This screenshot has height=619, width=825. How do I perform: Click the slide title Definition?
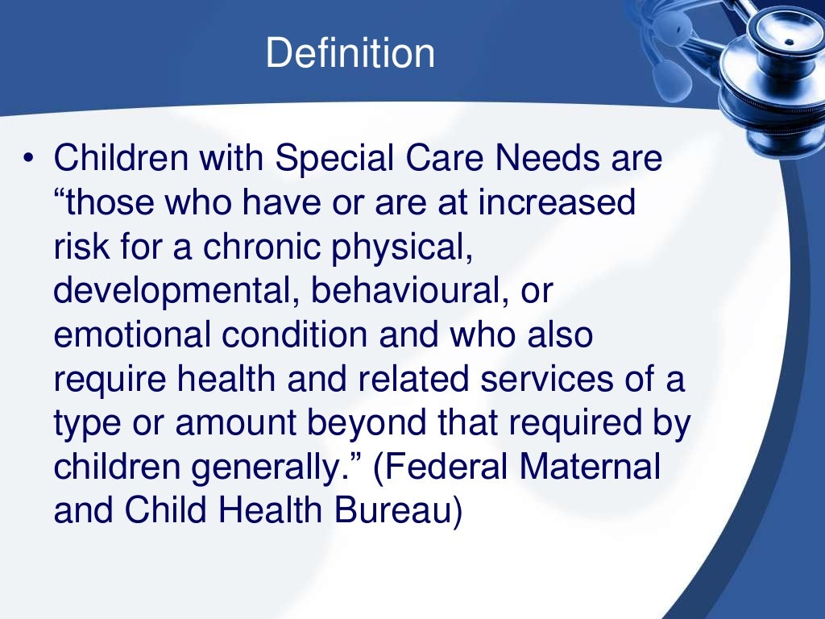(x=350, y=53)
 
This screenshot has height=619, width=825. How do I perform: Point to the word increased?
(x=557, y=202)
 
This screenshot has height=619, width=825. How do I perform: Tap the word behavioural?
(x=401, y=290)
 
